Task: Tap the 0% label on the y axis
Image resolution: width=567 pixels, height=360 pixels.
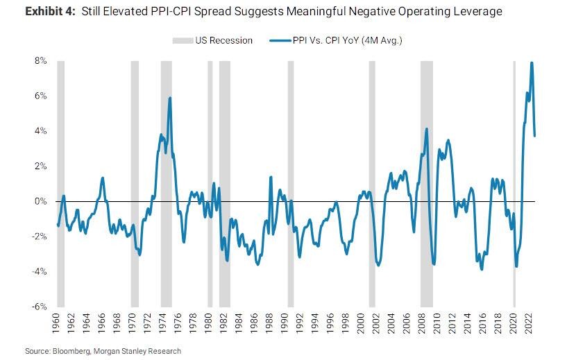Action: coord(41,201)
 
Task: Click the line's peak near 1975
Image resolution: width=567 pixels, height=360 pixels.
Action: coord(169,98)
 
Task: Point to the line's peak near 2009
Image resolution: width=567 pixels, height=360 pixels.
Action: coord(426,129)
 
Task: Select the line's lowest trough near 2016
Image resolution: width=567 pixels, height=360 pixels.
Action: coord(482,269)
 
